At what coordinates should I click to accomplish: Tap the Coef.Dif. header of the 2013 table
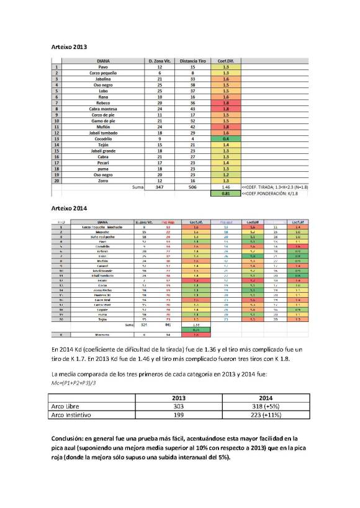(x=226, y=60)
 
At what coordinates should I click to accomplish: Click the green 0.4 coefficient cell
(x=226, y=138)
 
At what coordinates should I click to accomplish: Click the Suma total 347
(x=160, y=185)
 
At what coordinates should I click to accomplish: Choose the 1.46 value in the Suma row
(x=226, y=185)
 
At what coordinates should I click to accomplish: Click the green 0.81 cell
(x=226, y=193)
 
